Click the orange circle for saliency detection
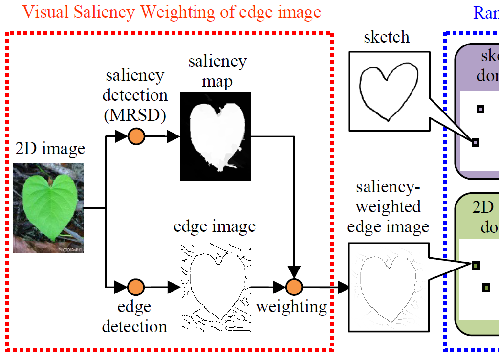(136, 137)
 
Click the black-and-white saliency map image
(215, 136)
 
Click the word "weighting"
(291, 307)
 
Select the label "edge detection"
(134, 316)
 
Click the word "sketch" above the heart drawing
(387, 37)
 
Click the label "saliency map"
(217, 70)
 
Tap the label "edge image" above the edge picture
(215, 226)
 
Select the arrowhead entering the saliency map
(173, 137)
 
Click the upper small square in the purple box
(480, 109)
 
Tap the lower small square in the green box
(485, 288)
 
